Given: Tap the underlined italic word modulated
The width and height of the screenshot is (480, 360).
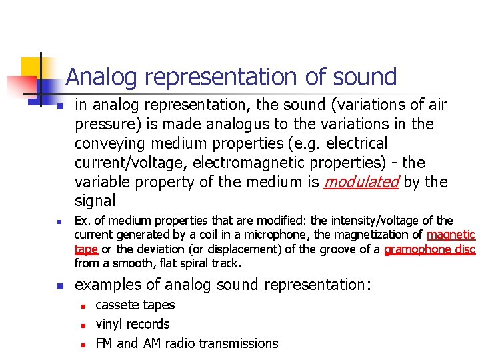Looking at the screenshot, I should pos(361,182).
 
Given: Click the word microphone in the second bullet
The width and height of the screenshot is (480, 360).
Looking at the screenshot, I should pos(279,235).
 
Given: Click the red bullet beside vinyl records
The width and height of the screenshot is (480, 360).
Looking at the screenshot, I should pos(83,325).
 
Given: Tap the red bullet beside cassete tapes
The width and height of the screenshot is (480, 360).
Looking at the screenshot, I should pos(83,306).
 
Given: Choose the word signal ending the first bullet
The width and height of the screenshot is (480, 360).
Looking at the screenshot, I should pos(95,201).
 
